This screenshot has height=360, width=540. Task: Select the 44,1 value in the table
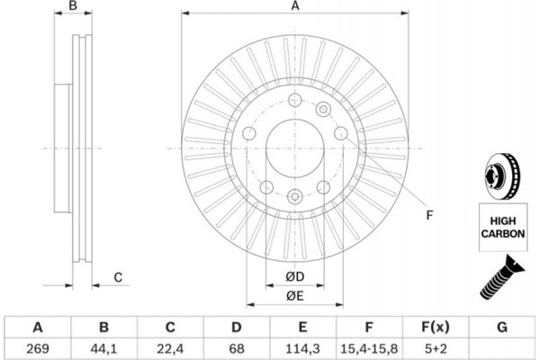(105, 346)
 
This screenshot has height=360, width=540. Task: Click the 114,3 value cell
(303, 346)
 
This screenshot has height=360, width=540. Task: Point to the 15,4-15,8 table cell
(369, 346)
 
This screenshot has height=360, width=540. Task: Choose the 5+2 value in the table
(435, 346)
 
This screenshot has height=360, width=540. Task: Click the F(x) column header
(435, 327)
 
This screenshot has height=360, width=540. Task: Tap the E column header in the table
(303, 327)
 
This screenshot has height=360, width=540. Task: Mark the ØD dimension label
(294, 275)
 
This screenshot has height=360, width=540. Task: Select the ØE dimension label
(294, 296)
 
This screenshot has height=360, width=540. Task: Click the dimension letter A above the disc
(294, 7)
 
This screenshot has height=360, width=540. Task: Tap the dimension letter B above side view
(75, 7)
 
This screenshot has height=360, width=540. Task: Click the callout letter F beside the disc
(429, 214)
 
